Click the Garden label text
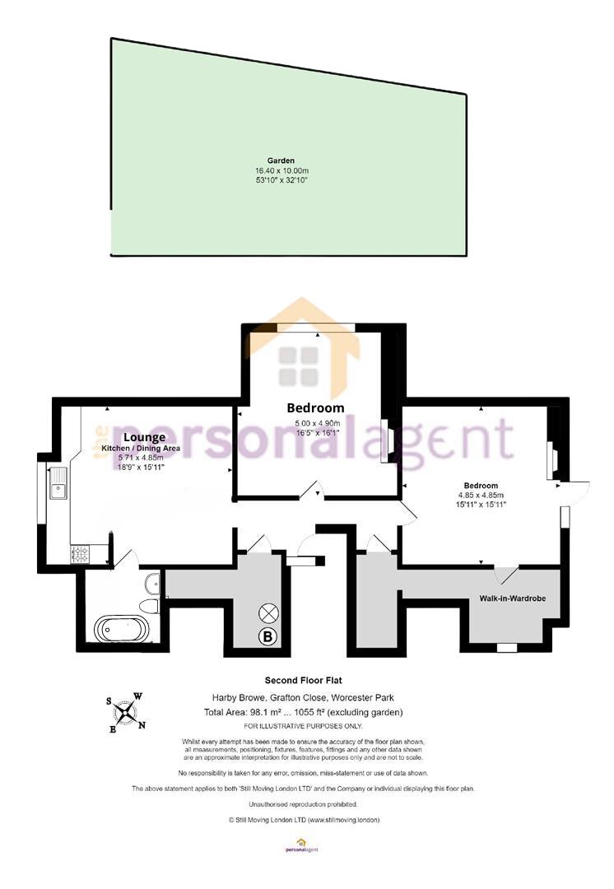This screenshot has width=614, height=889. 281,161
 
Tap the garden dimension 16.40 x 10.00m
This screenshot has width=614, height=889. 281,170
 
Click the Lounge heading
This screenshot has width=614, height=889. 145,437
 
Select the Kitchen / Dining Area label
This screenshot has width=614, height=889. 141,449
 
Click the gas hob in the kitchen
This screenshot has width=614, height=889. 79,554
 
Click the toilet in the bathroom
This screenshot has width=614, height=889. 150,607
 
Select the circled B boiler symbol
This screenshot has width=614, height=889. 267,636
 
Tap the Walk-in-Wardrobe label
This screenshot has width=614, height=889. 513,598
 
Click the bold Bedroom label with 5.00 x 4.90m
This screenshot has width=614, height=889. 315,407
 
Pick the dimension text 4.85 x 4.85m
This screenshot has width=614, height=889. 481,495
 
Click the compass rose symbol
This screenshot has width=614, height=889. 126,712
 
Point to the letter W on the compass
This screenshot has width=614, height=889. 137,696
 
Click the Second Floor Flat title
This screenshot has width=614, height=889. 304,681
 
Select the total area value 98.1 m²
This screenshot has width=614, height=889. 268,713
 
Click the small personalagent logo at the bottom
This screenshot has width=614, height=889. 300,845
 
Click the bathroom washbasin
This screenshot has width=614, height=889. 153,582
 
